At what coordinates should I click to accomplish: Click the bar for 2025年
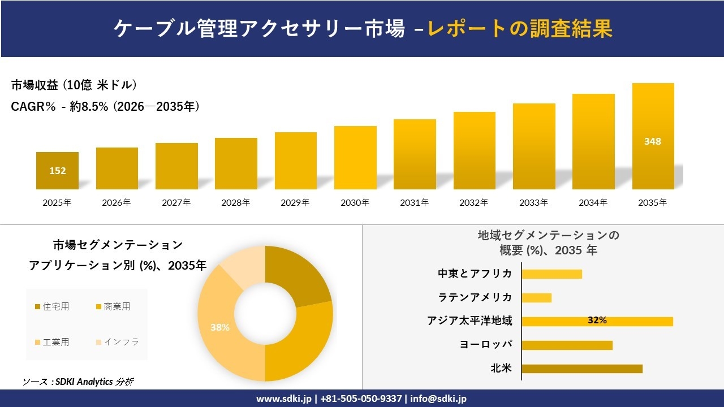coord(57,171)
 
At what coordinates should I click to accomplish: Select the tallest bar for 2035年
coord(653,136)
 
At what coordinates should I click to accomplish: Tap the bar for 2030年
coord(355,158)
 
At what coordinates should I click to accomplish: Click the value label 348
coord(652,141)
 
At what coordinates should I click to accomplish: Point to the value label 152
coord(57,171)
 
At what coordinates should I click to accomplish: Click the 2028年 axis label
coord(236,202)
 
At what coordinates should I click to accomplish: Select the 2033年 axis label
coord(533,202)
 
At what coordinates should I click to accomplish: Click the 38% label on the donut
coord(220,327)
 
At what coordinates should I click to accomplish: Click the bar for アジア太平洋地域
coord(597,321)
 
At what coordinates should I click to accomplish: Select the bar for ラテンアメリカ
coord(536,297)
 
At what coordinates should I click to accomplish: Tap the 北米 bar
coord(581,369)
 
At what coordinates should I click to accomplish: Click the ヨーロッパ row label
coord(486,345)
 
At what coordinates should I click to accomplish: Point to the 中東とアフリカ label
coord(475,274)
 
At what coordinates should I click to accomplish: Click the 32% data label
coord(597,321)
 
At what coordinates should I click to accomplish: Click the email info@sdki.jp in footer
coord(439,399)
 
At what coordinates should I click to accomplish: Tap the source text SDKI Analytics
coord(85,382)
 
